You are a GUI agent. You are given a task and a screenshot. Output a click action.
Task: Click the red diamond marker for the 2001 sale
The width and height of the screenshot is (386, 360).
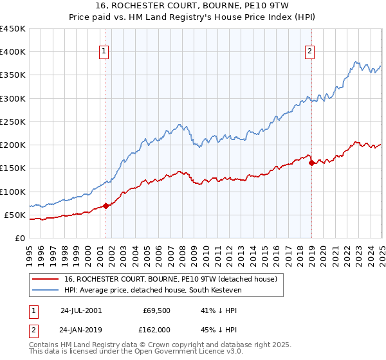pyautogui.click(x=106, y=206)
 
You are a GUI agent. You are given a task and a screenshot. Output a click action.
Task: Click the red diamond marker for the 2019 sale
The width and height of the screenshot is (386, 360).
pyautogui.click(x=311, y=163)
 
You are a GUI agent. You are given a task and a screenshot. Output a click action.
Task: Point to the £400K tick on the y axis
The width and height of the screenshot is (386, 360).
pyautogui.click(x=13, y=52)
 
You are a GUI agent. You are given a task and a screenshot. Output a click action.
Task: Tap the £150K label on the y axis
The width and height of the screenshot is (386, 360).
pyautogui.click(x=13, y=168)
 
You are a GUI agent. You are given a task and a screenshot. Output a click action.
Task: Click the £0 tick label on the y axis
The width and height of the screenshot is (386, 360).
pyautogui.click(x=20, y=238)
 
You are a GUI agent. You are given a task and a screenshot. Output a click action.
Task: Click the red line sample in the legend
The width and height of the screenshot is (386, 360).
pyautogui.click(x=45, y=279)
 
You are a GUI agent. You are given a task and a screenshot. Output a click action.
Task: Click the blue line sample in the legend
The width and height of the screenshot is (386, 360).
pyautogui.click(x=45, y=289)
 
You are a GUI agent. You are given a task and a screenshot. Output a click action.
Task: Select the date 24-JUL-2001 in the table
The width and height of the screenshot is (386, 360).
pyautogui.click(x=81, y=310)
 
